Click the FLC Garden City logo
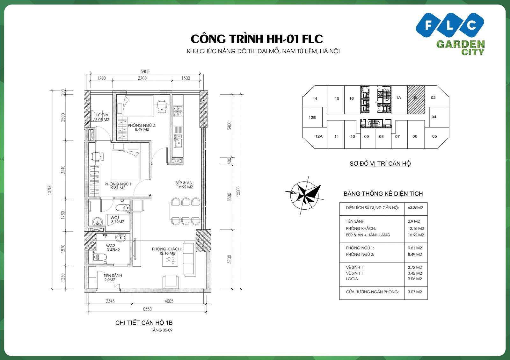pos(450,33)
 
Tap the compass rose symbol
pos(305,193)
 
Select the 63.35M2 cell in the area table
pos(415,208)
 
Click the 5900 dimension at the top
pos(145,72)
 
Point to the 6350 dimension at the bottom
pos(147,309)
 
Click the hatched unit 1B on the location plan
pos(416,100)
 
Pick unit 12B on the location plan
pos(312,118)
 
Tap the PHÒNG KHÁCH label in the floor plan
pos(167,249)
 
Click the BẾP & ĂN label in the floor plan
pos(184,183)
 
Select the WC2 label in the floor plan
pos(111,246)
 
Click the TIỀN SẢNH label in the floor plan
pos(113,276)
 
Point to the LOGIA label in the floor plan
pos(103,115)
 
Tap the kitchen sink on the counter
pos(178,140)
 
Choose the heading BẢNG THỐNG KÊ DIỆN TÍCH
pos(383,194)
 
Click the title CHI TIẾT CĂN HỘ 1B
pos(144,323)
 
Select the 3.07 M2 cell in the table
pos(415,292)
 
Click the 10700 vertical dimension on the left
pos(49,190)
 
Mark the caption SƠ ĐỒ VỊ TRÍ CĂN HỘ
pos(380,164)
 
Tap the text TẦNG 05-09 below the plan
pos(162,330)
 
